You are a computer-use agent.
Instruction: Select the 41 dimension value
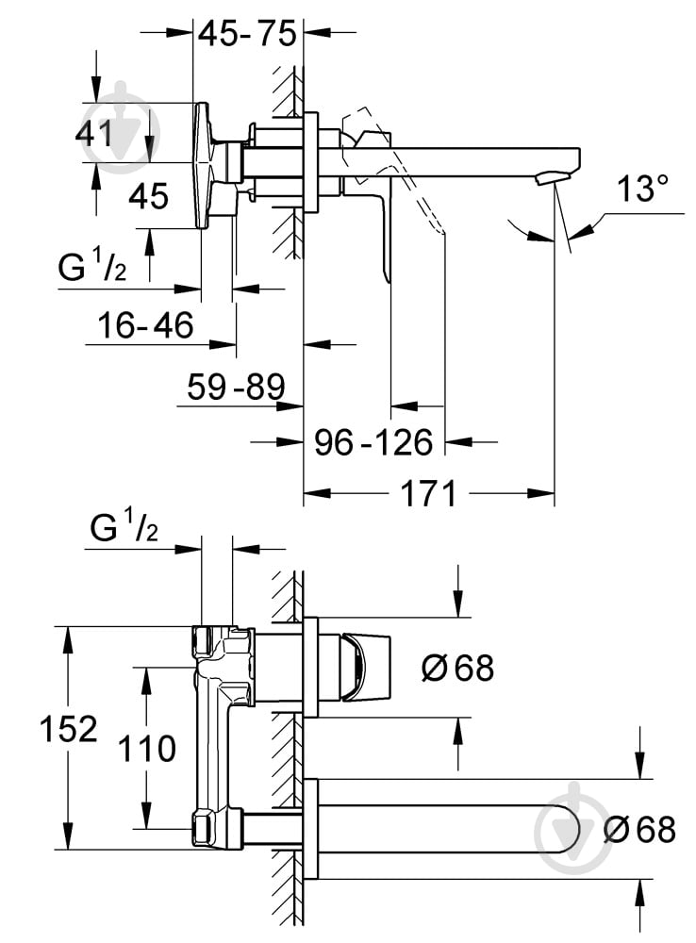click(x=94, y=133)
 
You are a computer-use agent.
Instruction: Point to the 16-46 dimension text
click(x=146, y=326)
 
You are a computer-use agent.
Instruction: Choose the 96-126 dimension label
click(x=374, y=440)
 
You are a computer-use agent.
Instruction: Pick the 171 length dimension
click(x=430, y=492)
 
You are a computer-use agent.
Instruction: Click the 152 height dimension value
click(x=69, y=728)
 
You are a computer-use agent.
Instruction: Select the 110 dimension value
click(x=147, y=749)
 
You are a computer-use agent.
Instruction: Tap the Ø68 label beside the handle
click(x=457, y=668)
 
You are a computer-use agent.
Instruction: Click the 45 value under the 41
click(x=148, y=197)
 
